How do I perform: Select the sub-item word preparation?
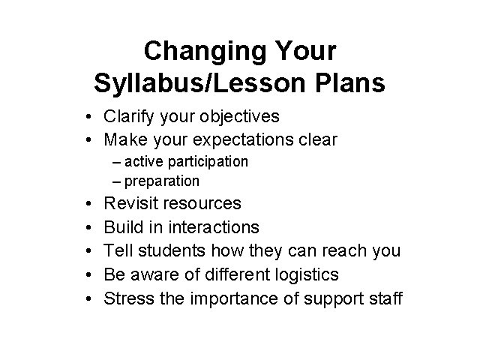(x=162, y=181)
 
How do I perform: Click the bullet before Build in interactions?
(x=88, y=227)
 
